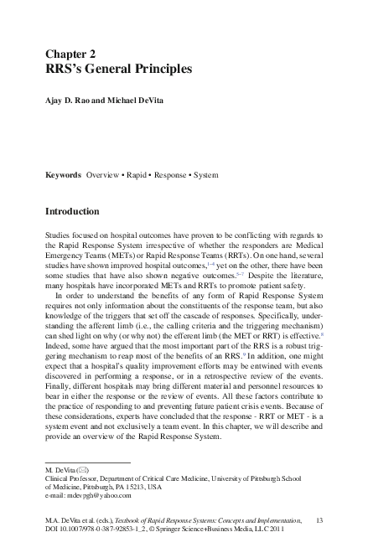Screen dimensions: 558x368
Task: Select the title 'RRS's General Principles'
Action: [118, 70]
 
